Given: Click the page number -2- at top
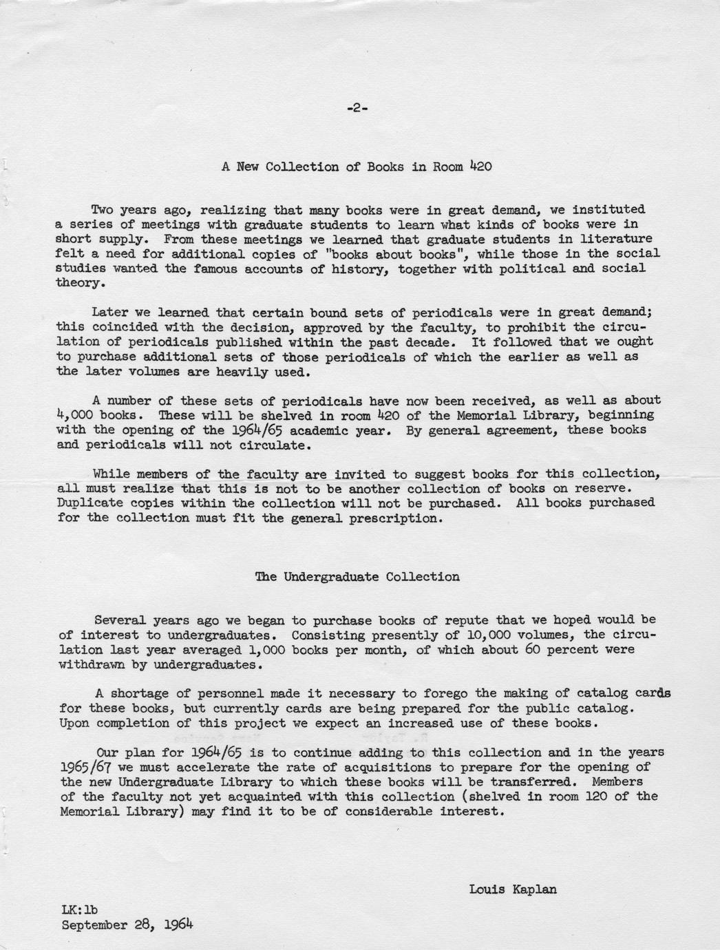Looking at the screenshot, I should pyautogui.click(x=357, y=107).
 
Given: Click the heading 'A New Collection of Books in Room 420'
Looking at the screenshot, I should pyautogui.click(x=356, y=167).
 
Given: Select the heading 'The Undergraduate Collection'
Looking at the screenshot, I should pyautogui.click(x=357, y=577).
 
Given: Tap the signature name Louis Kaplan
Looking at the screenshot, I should pyautogui.click(x=513, y=889).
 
